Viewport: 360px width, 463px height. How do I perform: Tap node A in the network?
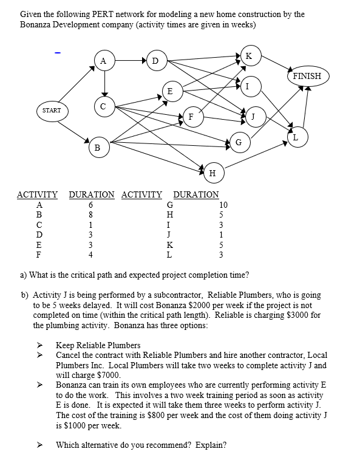coord(104,60)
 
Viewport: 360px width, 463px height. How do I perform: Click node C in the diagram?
coord(103,107)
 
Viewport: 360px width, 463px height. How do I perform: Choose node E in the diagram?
coord(171,91)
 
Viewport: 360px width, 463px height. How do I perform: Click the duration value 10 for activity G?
coord(223,205)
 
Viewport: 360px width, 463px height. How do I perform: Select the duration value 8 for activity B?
coord(90,214)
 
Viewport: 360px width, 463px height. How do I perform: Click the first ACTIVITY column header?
coord(37,194)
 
